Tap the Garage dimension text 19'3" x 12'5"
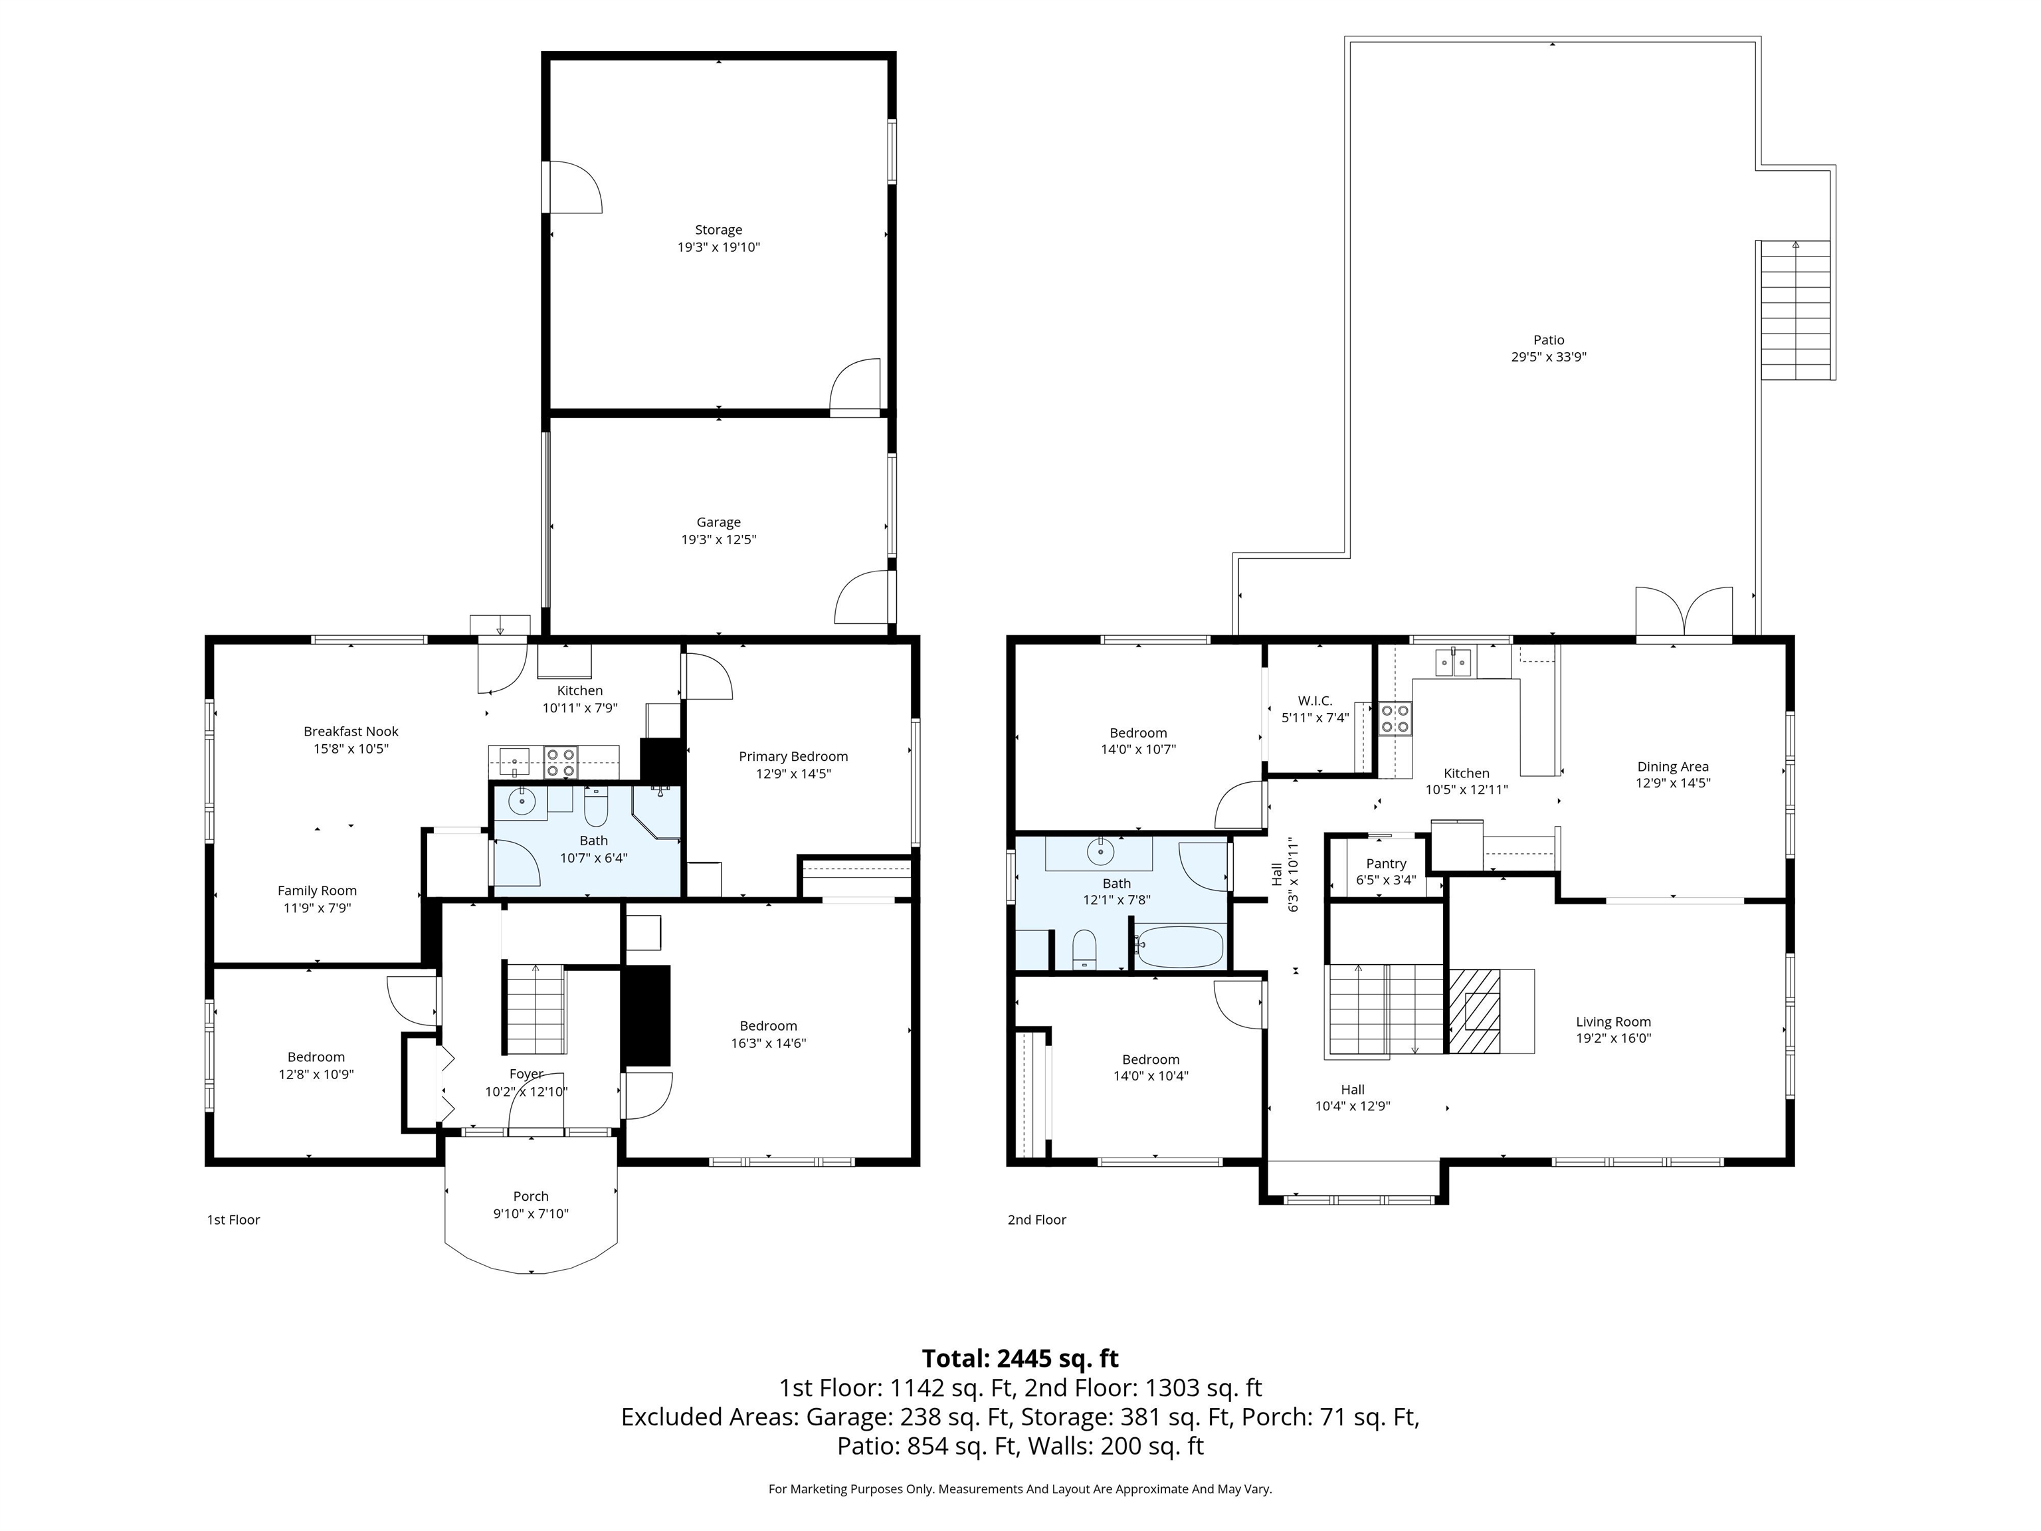(x=719, y=540)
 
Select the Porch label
(x=531, y=1196)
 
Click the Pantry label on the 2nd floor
(x=1386, y=864)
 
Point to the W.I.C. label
(x=1315, y=700)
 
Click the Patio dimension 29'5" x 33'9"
(x=1548, y=357)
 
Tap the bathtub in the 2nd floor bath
(x=1179, y=947)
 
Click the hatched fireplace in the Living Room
(x=1474, y=1011)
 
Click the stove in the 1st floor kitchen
(x=560, y=762)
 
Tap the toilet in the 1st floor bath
(x=596, y=807)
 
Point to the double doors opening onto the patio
(x=1684, y=612)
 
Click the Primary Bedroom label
(x=793, y=757)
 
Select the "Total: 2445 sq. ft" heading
(x=1020, y=1358)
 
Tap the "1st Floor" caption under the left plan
(x=233, y=1220)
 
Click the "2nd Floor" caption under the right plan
(x=1037, y=1220)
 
